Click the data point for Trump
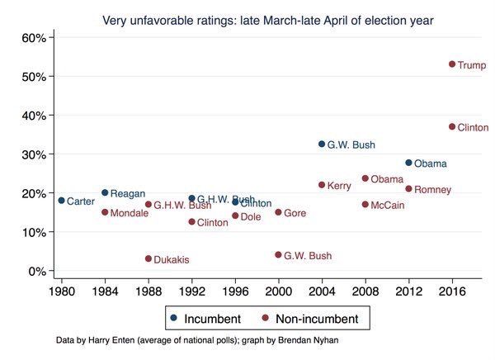[x=452, y=64]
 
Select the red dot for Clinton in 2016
[x=452, y=126]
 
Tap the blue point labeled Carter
[x=61, y=201]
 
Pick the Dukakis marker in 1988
[x=148, y=258]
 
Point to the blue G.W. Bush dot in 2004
[x=322, y=144]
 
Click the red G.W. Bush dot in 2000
[x=278, y=255]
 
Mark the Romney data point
[x=408, y=189]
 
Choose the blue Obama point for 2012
[x=408, y=163]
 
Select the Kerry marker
[x=322, y=185]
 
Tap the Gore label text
[x=295, y=213]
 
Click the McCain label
[x=388, y=205]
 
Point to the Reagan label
[x=128, y=193]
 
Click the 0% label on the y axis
[x=36, y=271]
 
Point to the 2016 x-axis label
[x=452, y=291]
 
